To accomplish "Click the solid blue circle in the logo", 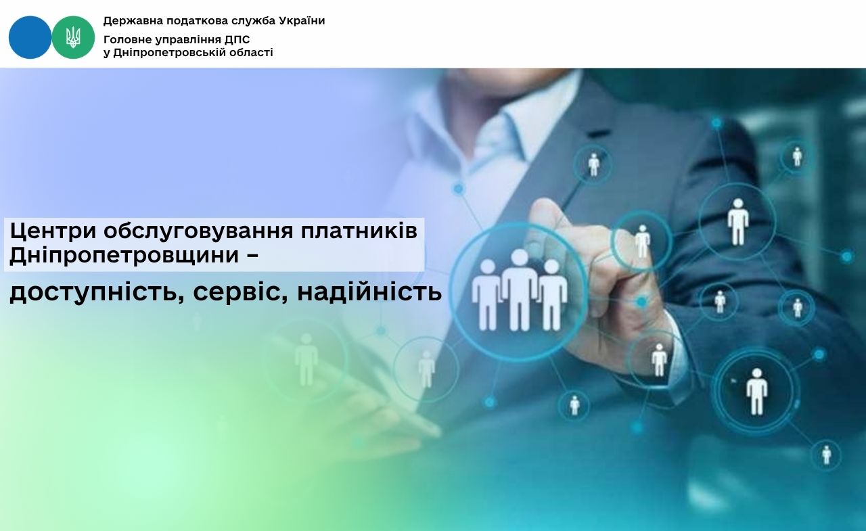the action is [30, 37].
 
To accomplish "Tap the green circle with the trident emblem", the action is [73, 37].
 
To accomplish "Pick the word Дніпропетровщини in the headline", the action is [124, 256].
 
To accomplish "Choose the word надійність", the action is [369, 292].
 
